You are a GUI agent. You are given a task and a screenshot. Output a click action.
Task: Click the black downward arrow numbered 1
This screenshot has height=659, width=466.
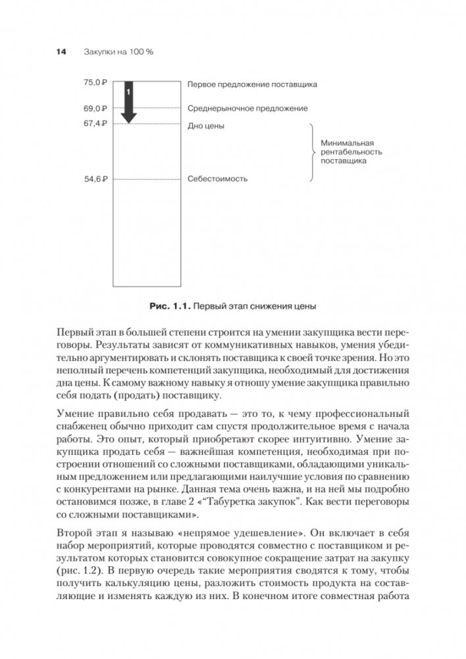[129, 102]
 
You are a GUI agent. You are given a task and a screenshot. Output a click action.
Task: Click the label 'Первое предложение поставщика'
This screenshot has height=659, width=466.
[252, 84]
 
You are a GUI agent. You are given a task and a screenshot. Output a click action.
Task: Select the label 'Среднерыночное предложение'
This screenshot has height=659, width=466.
[247, 108]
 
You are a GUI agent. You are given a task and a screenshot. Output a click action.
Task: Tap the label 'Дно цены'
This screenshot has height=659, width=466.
[207, 124]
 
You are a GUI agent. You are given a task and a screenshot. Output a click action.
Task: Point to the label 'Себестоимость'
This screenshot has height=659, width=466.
[218, 178]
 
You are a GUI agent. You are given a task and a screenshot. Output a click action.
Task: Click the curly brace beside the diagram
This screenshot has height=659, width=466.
[311, 151]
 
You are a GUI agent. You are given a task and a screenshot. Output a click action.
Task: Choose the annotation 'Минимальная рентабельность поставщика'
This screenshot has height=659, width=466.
[348, 151]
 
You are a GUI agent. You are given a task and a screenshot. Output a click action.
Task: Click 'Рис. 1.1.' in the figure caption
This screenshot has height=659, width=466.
[171, 305]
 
